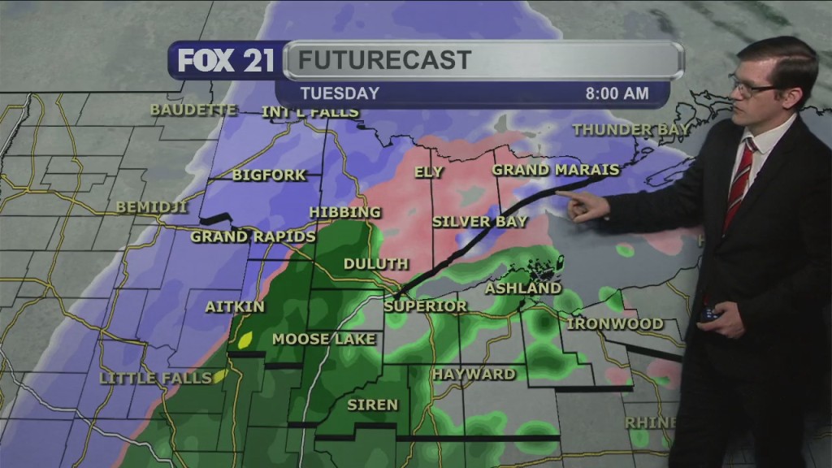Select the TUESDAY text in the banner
[x=340, y=93]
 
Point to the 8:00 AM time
[x=617, y=93]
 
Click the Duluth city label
[x=375, y=264]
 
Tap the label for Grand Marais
[x=556, y=170]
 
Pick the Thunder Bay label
[x=631, y=130]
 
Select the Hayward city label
[x=474, y=375]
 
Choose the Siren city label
[x=373, y=405]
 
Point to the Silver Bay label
[x=480, y=221]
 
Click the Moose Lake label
[x=324, y=339]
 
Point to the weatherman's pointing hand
[x=587, y=206]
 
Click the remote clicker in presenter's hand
[x=708, y=313]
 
